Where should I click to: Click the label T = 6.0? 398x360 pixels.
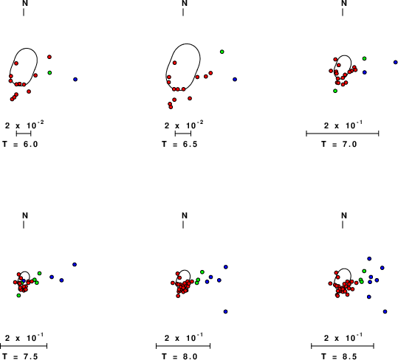[20, 145]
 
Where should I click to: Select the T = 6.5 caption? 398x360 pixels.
[179, 145]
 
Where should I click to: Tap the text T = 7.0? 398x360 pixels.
[339, 145]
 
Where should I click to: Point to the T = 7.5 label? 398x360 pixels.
[20, 356]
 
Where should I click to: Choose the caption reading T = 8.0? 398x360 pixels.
[179, 356]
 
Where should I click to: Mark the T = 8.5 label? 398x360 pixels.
[339, 356]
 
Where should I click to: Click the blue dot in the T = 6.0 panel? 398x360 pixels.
[75, 80]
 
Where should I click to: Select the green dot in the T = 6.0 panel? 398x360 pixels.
[49, 73]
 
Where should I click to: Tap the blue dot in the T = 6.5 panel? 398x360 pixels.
[235, 80]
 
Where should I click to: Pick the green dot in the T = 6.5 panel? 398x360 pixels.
[222, 52]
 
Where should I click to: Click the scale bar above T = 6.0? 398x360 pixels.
[24, 134]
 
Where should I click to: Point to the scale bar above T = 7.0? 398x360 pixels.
[343, 134]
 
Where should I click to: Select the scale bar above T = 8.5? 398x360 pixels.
[343, 346]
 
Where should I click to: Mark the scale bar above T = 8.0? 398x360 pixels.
[183, 346]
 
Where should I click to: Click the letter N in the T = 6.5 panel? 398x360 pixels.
[185, 3]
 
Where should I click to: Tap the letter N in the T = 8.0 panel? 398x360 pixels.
[185, 215]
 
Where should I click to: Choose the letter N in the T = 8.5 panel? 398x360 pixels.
[344, 215]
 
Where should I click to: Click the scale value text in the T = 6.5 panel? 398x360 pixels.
[184, 125]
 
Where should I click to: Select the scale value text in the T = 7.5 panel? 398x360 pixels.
[24, 337]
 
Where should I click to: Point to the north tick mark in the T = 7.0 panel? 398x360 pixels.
[343, 12]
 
